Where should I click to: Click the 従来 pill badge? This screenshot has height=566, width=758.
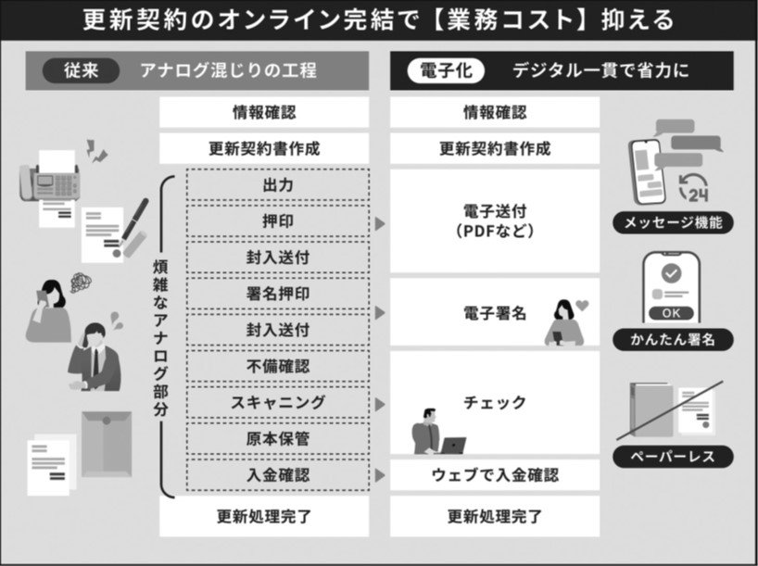[81, 70]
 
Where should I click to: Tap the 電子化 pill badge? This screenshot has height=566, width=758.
[446, 70]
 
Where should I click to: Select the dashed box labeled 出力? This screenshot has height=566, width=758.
[278, 184]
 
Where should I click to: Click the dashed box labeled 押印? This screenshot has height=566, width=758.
[278, 220]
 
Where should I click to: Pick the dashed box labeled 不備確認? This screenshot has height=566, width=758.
[278, 366]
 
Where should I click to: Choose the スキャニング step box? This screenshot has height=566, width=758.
[278, 402]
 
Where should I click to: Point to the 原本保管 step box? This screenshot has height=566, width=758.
[278, 438]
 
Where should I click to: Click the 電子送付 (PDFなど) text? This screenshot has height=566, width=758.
[495, 220]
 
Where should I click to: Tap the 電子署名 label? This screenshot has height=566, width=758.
[495, 313]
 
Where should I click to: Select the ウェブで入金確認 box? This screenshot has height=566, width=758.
[495, 474]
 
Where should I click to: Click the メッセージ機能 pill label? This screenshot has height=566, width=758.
[673, 223]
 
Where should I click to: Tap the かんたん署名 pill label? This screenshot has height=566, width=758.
[673, 339]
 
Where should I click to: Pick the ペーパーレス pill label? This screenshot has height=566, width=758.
[673, 457]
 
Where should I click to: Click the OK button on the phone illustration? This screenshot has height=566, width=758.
[671, 313]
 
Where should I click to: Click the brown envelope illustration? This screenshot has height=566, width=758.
[107, 444]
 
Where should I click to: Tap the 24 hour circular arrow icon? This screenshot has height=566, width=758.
[694, 188]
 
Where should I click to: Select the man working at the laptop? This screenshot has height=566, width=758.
[437, 432]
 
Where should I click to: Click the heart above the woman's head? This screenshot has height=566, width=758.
[582, 306]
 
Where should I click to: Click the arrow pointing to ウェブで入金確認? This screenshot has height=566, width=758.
[380, 475]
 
